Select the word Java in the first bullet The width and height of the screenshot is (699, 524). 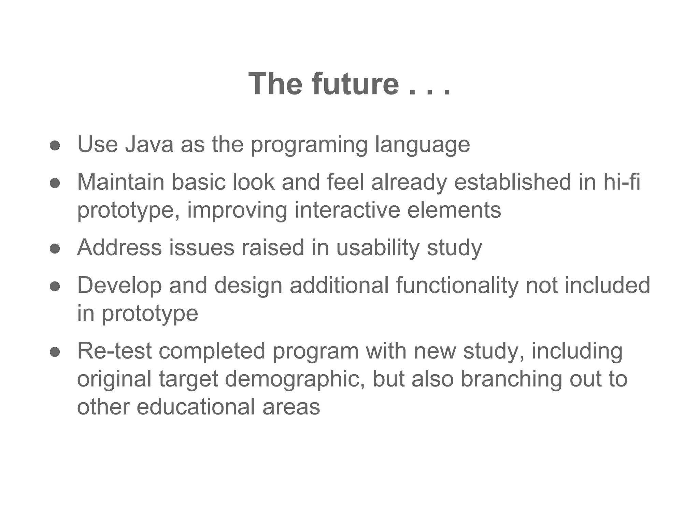149,144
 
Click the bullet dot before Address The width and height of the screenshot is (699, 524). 55,249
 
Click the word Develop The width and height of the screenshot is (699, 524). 119,286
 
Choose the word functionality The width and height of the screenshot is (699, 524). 457,286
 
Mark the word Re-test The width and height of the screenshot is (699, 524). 114,351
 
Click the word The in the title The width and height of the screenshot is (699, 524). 275,84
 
